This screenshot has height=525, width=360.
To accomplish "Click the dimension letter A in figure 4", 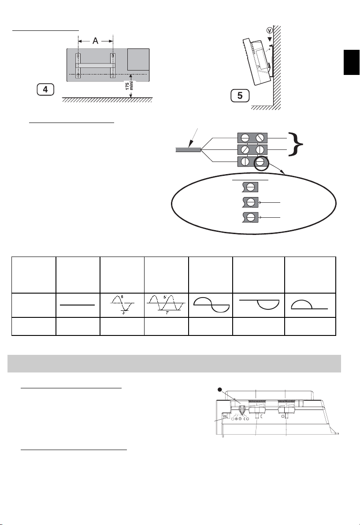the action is point(96,41).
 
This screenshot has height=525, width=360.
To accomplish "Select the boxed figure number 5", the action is point(240,95).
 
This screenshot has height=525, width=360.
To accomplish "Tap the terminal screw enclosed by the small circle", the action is point(262,161).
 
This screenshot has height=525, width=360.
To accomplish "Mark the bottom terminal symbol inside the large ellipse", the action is point(250,217).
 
